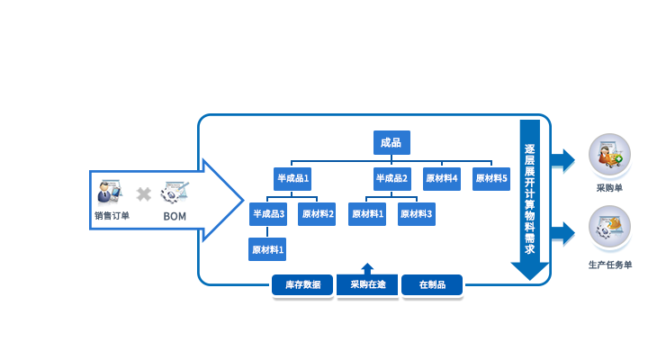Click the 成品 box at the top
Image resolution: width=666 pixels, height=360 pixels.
(x=391, y=142)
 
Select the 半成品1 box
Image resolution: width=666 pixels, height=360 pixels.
(x=292, y=178)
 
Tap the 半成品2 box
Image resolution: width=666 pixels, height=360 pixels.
(x=391, y=178)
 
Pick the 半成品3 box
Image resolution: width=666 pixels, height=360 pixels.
(x=268, y=214)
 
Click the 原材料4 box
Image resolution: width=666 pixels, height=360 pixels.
(x=442, y=178)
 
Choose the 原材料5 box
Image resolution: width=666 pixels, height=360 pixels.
(x=491, y=178)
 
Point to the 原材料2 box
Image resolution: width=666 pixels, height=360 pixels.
(x=317, y=214)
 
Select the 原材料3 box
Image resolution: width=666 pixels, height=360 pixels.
(x=417, y=214)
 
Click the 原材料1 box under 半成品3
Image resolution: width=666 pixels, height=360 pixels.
(x=267, y=249)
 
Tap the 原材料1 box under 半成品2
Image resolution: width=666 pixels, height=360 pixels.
(x=367, y=214)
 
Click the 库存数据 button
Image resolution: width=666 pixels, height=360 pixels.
(x=302, y=285)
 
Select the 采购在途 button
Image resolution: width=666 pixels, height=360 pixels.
(x=367, y=285)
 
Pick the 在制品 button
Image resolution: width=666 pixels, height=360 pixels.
(x=432, y=285)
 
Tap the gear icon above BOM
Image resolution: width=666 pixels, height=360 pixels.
(x=175, y=192)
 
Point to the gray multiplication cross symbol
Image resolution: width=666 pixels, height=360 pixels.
(x=143, y=193)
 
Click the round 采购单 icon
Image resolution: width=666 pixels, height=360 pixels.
(x=609, y=155)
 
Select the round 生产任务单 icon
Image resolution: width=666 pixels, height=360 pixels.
(x=609, y=229)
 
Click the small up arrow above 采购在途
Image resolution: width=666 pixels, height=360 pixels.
(x=367, y=267)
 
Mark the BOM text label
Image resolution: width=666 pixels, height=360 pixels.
(x=175, y=216)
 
